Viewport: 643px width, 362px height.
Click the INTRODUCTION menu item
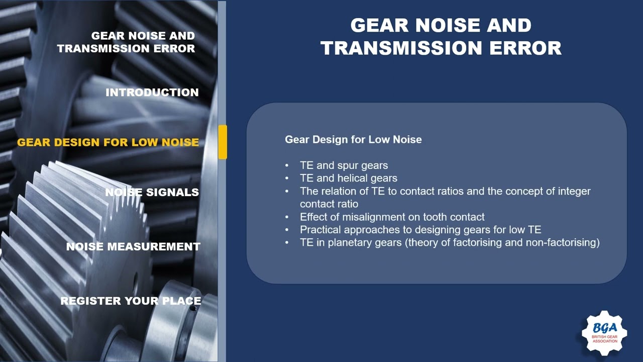tap(152, 93)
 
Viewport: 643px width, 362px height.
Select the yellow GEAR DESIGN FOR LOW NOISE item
tap(108, 142)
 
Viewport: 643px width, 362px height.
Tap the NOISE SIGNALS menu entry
tap(152, 192)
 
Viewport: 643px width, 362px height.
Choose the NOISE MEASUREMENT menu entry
tap(133, 246)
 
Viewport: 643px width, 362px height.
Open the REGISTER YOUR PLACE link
tap(131, 301)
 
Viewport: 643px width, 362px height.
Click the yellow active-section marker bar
tap(223, 142)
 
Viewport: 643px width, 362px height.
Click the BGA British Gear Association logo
tap(604, 332)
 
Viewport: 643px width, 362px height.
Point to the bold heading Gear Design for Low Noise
tap(353, 139)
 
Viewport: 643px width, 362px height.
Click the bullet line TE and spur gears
tap(344, 165)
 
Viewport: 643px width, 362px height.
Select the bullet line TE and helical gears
tap(348, 178)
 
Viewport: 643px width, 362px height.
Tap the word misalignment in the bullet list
tap(381, 217)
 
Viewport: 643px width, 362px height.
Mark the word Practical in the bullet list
tap(319, 230)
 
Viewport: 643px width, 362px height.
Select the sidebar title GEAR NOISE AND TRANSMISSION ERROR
tap(126, 42)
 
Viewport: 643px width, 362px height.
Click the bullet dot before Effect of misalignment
tap(287, 217)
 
